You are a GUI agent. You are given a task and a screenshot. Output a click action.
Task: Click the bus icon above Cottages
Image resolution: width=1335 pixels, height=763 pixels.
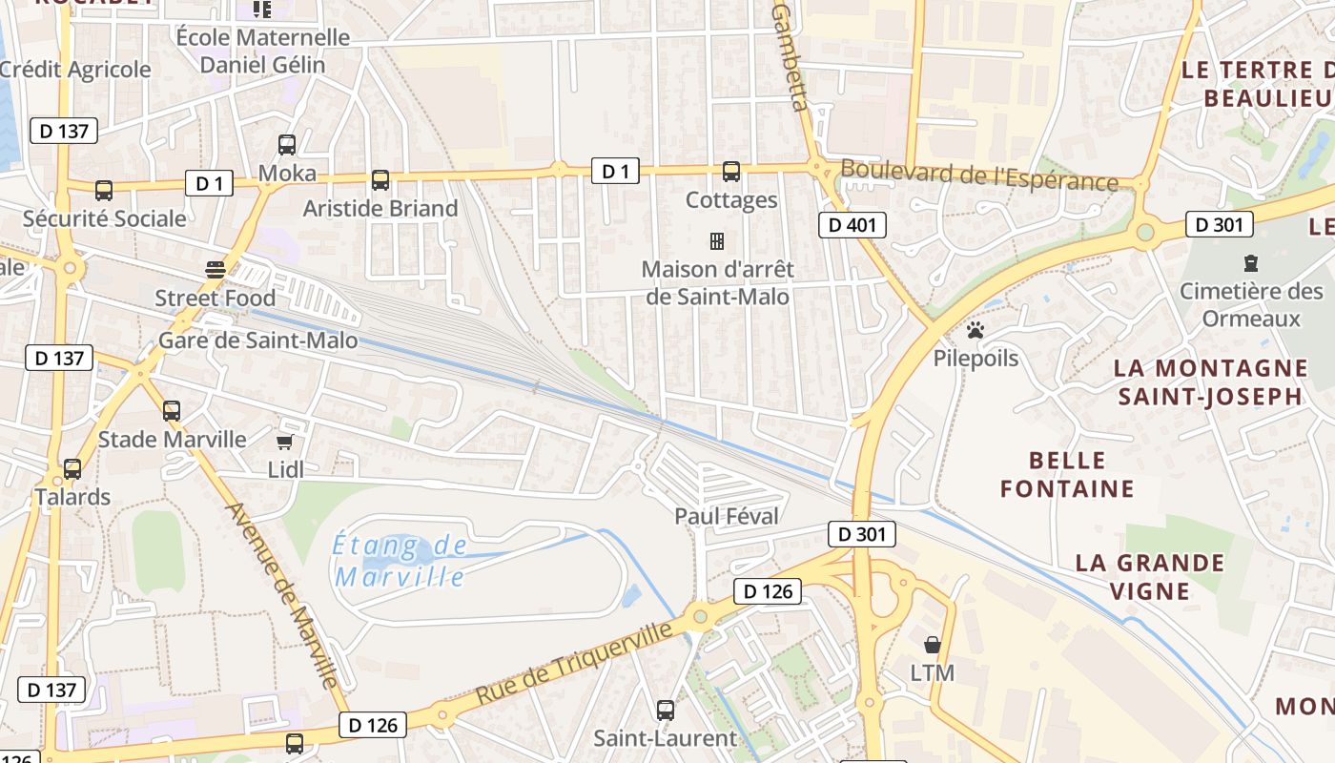click(731, 172)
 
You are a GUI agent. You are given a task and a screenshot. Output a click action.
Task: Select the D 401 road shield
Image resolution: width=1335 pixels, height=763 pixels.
click(852, 225)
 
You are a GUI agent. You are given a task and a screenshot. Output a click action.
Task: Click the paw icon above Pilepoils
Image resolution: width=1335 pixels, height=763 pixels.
click(976, 331)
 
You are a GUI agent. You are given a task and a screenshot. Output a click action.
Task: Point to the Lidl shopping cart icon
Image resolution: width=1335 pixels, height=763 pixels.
click(283, 442)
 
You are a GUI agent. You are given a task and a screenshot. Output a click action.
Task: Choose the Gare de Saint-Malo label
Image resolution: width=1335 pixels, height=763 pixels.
click(258, 340)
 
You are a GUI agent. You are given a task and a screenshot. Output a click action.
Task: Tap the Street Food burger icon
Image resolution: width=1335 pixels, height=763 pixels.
click(216, 270)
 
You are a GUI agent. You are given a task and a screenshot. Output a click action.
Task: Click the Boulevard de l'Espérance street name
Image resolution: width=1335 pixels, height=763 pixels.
click(978, 176)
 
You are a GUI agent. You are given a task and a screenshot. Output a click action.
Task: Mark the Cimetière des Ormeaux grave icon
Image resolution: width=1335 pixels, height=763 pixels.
click(1250, 263)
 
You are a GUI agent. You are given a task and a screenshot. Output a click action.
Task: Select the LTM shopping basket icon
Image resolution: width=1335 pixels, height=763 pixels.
click(932, 645)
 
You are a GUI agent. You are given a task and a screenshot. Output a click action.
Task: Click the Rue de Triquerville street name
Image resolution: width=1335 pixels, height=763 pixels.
click(573, 664)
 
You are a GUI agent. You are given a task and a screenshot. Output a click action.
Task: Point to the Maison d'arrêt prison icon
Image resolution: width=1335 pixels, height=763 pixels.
click(717, 240)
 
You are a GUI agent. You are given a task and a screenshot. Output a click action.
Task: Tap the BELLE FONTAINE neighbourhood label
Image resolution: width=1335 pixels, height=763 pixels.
click(1067, 475)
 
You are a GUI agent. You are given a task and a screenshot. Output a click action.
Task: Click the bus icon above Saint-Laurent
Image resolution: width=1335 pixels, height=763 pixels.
click(666, 711)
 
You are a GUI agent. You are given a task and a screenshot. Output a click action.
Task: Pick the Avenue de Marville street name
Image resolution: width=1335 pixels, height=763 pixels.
click(282, 593)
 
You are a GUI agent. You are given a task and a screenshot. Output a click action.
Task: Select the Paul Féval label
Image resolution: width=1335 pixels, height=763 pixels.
click(727, 516)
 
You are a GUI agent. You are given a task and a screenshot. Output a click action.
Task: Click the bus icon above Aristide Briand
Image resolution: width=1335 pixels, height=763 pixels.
click(380, 179)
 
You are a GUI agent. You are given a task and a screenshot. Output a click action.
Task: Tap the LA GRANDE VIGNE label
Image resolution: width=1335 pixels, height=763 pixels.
click(1149, 576)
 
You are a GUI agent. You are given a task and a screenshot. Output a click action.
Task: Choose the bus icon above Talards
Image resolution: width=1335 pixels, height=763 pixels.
click(72, 469)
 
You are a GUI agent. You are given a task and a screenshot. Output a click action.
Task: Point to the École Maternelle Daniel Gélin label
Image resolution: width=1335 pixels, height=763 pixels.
click(263, 52)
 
